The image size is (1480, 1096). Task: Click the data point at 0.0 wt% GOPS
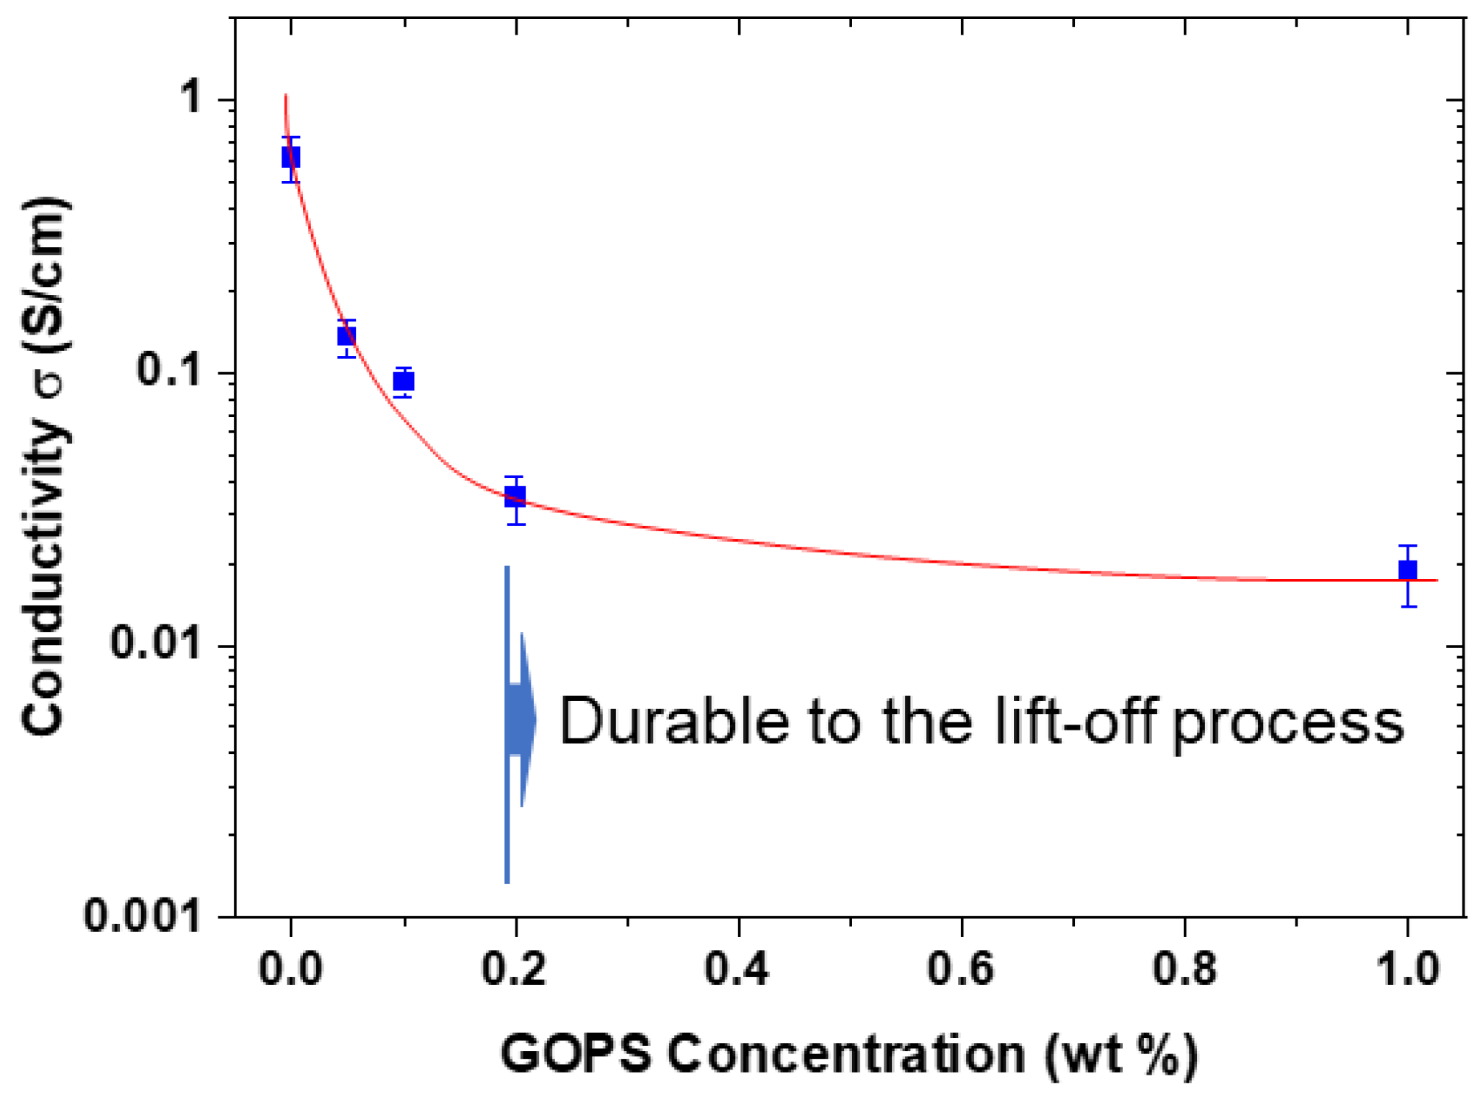pos(290,157)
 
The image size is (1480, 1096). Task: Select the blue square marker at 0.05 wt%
pos(346,336)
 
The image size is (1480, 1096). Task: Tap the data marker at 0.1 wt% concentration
pos(403,381)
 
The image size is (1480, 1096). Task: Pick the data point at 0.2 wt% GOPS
pos(515,496)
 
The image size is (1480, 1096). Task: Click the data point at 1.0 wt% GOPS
pos(1407,570)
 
